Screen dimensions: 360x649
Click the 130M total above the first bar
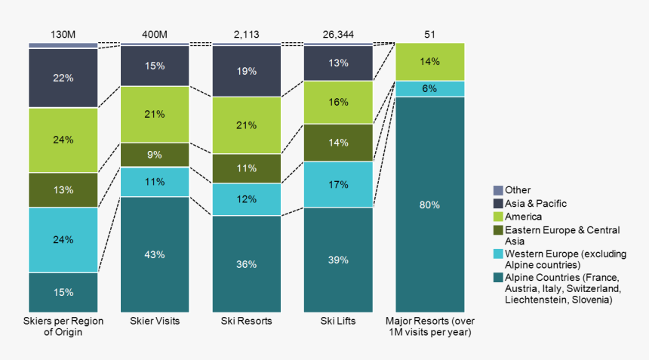[63, 35]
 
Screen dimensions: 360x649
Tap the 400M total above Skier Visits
[155, 35]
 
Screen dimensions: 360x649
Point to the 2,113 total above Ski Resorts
[247, 35]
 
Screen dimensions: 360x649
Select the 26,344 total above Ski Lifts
[338, 35]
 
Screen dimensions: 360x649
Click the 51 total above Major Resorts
[429, 35]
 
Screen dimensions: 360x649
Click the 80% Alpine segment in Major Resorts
[429, 205]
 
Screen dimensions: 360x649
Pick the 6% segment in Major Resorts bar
[429, 88]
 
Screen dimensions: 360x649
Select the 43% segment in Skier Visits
[155, 254]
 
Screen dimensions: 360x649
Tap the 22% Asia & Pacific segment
[63, 78]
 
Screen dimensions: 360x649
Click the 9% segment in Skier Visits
[155, 155]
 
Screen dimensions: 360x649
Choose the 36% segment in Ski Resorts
[247, 264]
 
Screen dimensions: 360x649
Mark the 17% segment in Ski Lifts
[338, 184]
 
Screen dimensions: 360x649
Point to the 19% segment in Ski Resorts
[247, 71]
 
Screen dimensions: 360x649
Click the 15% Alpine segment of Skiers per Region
[63, 292]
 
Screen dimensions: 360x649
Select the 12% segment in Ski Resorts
[247, 199]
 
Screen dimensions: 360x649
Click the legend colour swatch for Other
[497, 190]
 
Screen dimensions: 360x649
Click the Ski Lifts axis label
[338, 322]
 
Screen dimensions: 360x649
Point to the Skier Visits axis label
[155, 322]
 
